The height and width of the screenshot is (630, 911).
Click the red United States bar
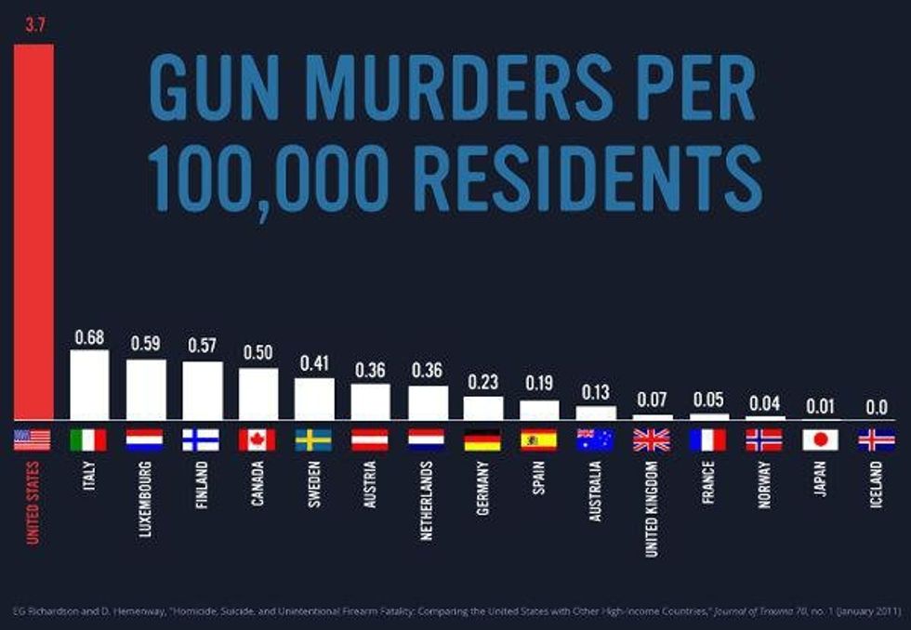(33, 232)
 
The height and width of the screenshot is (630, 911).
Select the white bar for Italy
(89, 385)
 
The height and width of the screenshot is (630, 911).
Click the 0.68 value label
(89, 335)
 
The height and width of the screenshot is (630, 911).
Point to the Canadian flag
(257, 440)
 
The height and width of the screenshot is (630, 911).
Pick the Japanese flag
(820, 440)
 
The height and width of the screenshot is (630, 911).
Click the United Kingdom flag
(651, 440)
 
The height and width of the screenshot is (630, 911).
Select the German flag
(482, 440)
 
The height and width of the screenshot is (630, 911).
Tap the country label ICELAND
(876, 484)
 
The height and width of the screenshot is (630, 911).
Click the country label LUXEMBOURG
(145, 497)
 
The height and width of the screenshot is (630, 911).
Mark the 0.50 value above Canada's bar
(257, 353)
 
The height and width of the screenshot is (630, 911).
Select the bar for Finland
(202, 390)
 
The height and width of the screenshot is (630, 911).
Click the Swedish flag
(313, 440)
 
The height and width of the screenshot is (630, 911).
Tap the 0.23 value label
(482, 382)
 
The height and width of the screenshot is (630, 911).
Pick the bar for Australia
(595, 413)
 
